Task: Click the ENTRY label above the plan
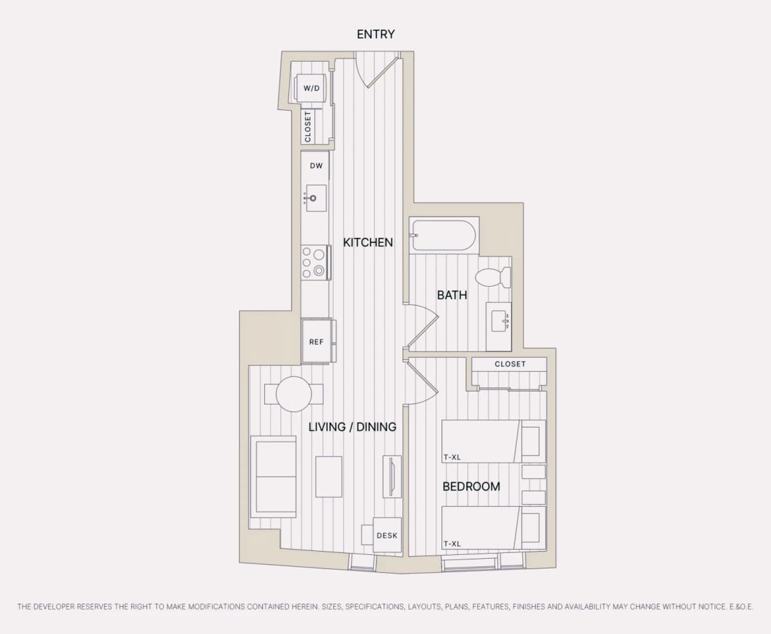coord(376,34)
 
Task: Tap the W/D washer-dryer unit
coord(311,88)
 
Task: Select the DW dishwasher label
coord(316,166)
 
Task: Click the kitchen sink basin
coord(316,198)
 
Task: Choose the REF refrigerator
coord(317,341)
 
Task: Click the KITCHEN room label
coord(368,242)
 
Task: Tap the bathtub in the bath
coord(443,235)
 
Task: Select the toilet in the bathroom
coord(493,277)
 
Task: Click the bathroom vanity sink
coord(500,322)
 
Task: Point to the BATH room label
coord(452,295)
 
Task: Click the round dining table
coord(294,394)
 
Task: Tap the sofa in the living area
coord(273,476)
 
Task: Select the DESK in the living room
coord(387,535)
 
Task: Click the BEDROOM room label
coord(471,487)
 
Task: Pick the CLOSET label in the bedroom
coord(510,364)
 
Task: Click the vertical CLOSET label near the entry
coord(308,127)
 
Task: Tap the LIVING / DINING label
coord(353,427)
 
